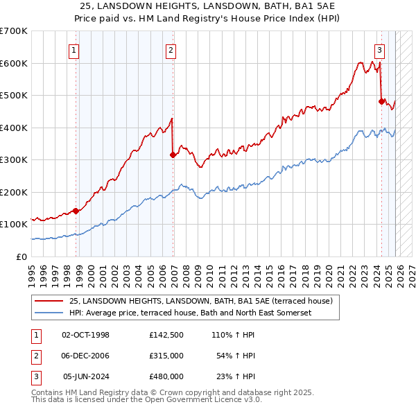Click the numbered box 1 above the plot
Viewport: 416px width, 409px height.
tap(73, 49)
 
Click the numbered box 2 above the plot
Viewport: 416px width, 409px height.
tap(171, 49)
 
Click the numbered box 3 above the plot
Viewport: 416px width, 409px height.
tap(380, 49)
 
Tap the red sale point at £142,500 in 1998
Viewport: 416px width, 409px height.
tap(76, 211)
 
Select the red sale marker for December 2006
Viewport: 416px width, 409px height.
tap(173, 155)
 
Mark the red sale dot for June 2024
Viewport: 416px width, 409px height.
tap(381, 101)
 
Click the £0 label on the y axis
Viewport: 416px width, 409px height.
tap(20, 256)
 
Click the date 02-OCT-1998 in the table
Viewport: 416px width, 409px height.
tap(85, 335)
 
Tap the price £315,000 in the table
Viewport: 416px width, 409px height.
tap(166, 356)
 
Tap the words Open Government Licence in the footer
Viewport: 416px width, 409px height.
tap(207, 399)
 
